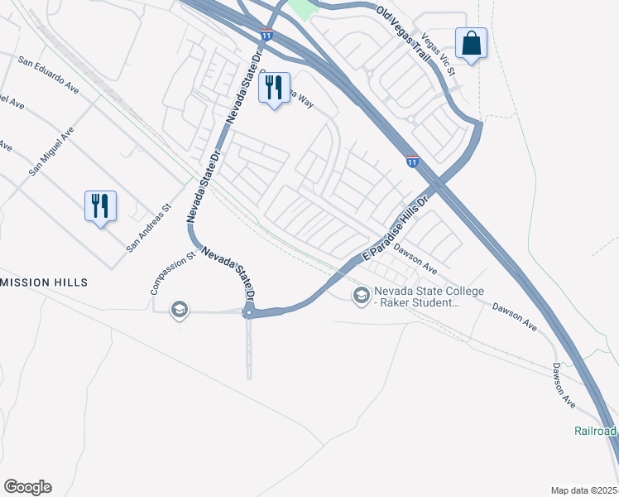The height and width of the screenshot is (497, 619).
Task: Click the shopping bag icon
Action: [471, 43]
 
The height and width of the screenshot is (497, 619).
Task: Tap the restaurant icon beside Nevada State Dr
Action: [275, 89]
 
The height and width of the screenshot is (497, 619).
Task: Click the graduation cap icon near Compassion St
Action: [178, 310]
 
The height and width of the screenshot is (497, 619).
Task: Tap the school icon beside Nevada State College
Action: [361, 296]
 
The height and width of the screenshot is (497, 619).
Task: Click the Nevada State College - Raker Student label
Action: [416, 297]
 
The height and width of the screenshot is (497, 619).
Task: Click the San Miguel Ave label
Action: [51, 151]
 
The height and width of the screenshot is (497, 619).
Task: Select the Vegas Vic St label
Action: [439, 53]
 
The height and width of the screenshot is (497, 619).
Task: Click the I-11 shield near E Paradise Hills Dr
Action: [412, 162]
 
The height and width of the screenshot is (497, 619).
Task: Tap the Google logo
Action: [27, 487]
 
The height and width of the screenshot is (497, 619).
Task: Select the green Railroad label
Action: [596, 432]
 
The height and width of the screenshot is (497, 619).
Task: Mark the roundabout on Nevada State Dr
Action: [248, 312]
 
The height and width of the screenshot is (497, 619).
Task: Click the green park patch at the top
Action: [305, 9]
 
